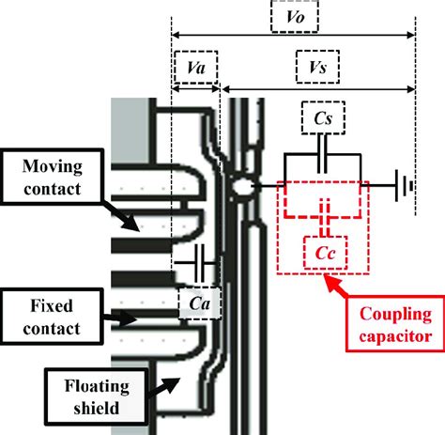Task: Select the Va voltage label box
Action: [x=195, y=70]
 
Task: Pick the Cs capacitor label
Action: [x=323, y=119]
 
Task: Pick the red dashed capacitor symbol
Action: [x=323, y=212]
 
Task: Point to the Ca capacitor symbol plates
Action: [x=197, y=256]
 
